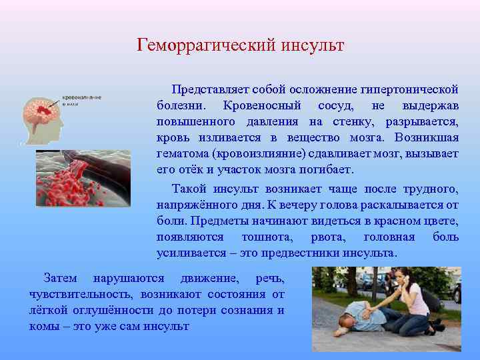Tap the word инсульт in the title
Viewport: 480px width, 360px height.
tap(312, 46)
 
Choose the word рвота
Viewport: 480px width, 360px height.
tap(327, 237)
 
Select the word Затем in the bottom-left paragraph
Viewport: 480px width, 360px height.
tap(59, 278)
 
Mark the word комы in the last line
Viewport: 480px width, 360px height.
tap(43, 326)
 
